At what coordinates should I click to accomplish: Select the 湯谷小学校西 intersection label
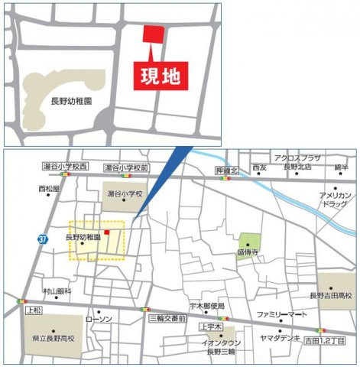tap(66, 166)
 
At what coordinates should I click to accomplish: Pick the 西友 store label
tap(259, 167)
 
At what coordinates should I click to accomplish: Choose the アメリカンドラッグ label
tap(335, 200)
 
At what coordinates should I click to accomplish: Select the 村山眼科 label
tap(57, 291)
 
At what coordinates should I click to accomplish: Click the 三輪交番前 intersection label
tap(167, 317)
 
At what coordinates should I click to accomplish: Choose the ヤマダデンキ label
tap(277, 337)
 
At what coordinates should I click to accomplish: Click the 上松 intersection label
tap(33, 311)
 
